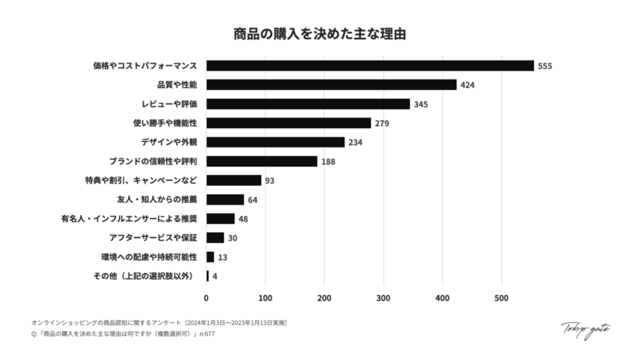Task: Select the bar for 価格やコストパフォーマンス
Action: pos(370,66)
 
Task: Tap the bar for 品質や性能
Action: pos(331,85)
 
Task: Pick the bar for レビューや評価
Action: pos(308,104)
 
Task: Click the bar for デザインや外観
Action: pos(275,142)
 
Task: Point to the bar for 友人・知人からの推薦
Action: pos(225,199)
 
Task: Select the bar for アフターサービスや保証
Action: pos(215,237)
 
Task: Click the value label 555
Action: pos(545,66)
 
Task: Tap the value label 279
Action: pos(382,123)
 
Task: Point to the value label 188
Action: pos(328,162)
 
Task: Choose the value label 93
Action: pos(270,181)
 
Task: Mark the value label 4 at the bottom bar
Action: pos(215,276)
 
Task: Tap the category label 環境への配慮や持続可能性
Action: pos(149,257)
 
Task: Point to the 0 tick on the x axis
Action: pos(206,298)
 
